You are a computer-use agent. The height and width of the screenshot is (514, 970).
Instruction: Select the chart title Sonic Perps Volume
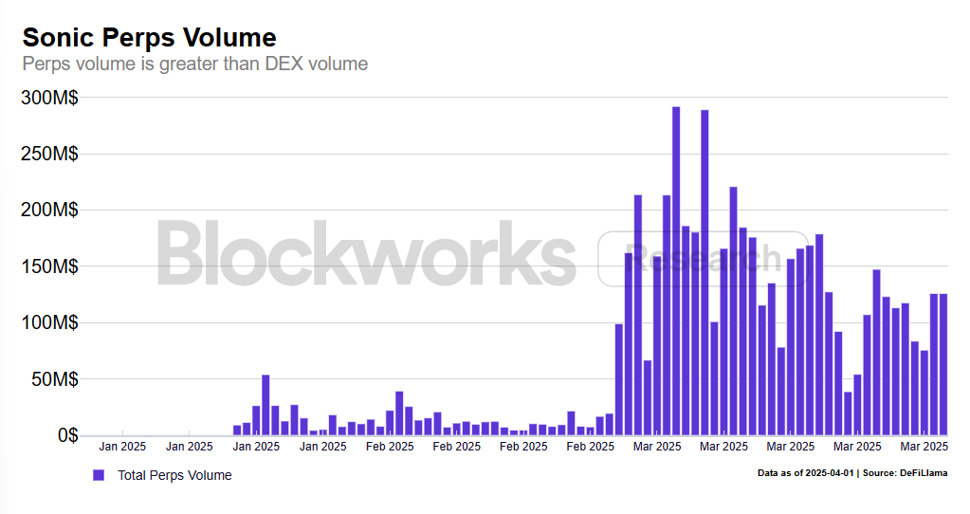tap(150, 37)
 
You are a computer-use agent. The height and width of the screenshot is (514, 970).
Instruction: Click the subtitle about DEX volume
tap(194, 64)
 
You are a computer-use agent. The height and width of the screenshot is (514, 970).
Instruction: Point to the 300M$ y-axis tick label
tap(49, 98)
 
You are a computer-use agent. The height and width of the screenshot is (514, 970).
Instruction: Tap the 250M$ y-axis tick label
tap(49, 154)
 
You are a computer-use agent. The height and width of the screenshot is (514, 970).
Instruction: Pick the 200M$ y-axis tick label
tap(49, 210)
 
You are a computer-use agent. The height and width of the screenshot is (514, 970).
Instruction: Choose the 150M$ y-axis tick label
tap(49, 266)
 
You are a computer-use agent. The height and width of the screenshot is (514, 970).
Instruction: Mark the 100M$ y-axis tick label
tap(49, 322)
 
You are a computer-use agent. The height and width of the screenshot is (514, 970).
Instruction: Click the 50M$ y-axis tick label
tap(55, 379)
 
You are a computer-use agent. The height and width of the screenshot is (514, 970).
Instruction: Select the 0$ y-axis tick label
tap(64, 435)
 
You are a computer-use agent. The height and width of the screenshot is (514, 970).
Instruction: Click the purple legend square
tap(98, 474)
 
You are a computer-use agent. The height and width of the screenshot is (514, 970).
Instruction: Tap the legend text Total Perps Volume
tap(174, 474)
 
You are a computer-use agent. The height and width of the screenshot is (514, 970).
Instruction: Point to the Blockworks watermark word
tap(365, 253)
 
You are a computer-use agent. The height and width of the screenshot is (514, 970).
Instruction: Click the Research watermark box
tap(702, 259)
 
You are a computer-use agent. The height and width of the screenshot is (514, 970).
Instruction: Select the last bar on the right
tap(943, 365)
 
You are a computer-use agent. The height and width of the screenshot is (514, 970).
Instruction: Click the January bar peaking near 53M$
tap(265, 406)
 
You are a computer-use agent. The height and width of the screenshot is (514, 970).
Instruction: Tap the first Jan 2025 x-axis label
tap(121, 446)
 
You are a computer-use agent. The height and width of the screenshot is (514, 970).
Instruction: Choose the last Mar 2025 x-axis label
tap(924, 446)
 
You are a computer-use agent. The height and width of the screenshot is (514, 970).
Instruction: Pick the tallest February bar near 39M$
tap(399, 413)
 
